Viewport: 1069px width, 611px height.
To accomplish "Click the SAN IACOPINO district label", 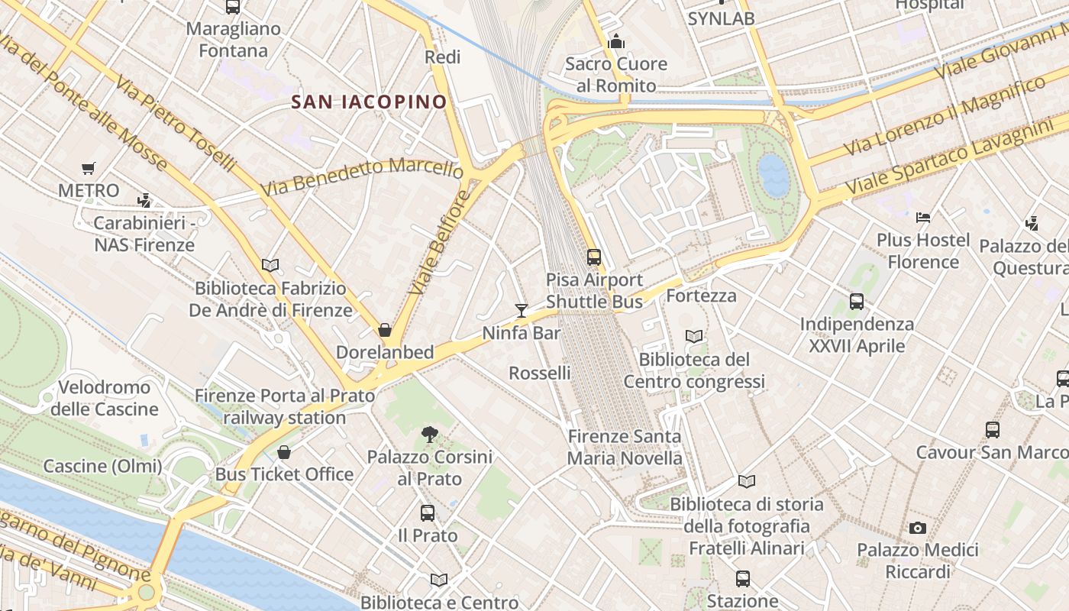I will coord(369,102).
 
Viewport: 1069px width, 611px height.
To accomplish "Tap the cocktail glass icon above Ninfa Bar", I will coord(522,310).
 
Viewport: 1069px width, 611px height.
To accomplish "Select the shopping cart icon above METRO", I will coord(89,168).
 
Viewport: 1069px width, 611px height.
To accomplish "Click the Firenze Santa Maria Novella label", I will coord(625,448).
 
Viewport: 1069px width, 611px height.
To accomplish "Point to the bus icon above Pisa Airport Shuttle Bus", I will coord(594,257).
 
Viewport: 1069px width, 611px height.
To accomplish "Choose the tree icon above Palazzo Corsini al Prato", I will coord(429,435).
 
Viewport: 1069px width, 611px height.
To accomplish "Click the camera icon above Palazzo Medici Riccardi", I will coord(918,528).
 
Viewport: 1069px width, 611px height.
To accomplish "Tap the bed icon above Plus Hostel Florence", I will coord(923,218).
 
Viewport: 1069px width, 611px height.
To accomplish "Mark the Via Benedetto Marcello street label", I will coord(361,176).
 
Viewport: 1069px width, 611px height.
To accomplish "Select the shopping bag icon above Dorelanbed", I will coord(385,330).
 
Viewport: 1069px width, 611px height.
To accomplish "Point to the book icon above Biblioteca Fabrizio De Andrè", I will coord(270,266).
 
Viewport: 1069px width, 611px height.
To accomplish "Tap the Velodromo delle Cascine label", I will coord(104,398).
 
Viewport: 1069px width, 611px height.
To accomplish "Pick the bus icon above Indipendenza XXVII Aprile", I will coord(857,302).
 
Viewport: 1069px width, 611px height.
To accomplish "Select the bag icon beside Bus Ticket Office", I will coord(284,452).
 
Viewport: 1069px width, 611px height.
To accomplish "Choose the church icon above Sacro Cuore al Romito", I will coord(616,41).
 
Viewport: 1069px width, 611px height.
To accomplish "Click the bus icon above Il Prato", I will coord(428,513).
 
